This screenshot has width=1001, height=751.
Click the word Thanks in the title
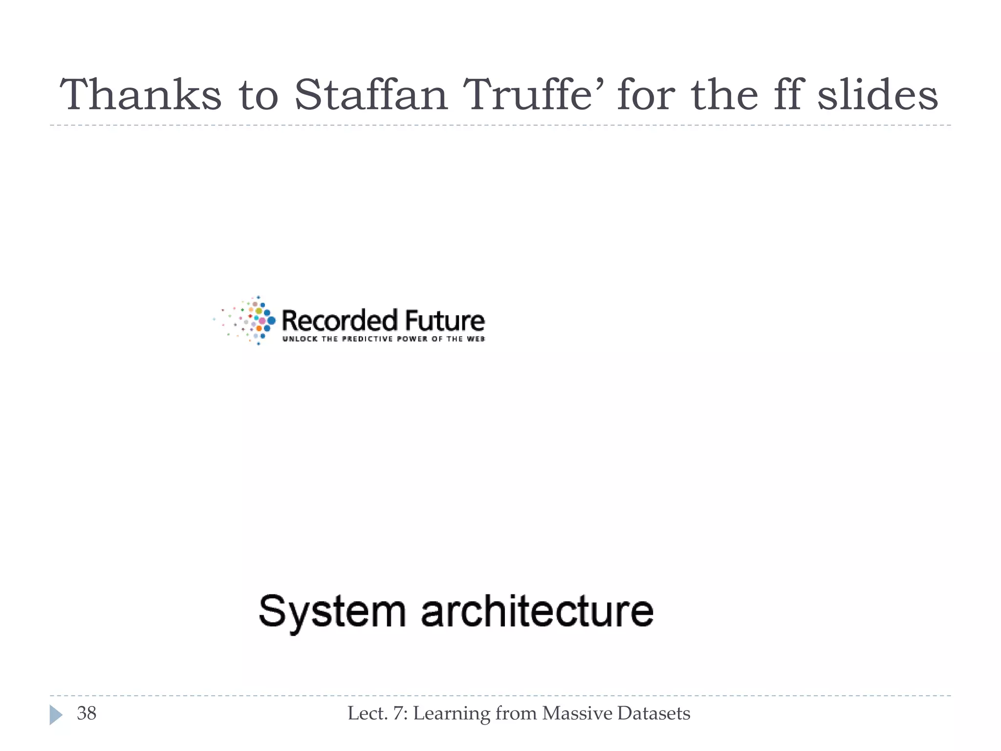pyautogui.click(x=141, y=95)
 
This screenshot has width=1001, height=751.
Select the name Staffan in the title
pyautogui.click(x=371, y=95)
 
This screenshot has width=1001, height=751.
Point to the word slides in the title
pyautogui.click(x=878, y=95)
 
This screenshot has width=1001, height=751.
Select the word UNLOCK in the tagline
pyautogui.click(x=300, y=339)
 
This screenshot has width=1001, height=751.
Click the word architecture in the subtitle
pyautogui.click(x=537, y=611)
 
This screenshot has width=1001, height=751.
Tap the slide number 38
pyautogui.click(x=87, y=713)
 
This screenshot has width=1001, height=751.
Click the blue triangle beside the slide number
pyautogui.click(x=56, y=715)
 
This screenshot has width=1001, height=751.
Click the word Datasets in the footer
pyautogui.click(x=653, y=713)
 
